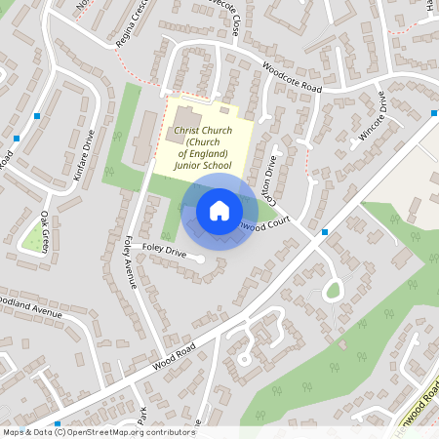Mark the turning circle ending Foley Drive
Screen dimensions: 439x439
(199, 259)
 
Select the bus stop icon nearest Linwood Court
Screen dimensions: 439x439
(324, 232)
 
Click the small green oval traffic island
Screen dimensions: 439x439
(334, 289)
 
